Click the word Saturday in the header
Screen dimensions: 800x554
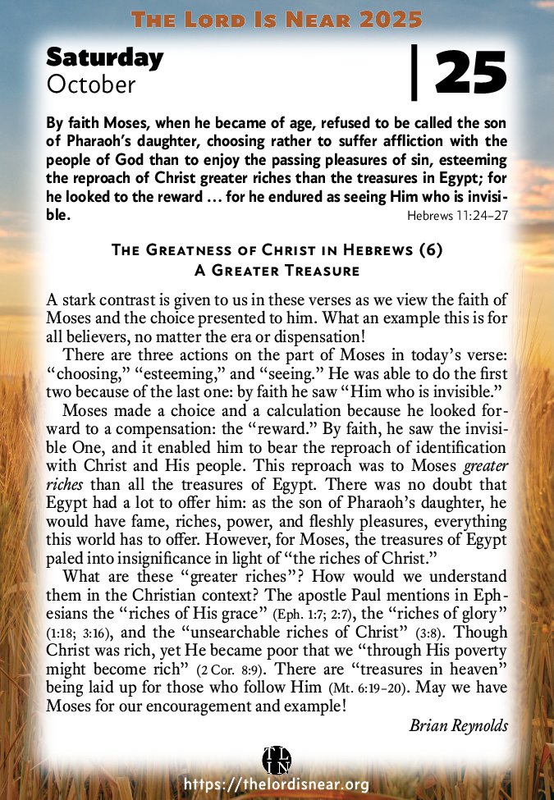[x=104, y=57]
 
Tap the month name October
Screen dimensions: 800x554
[x=91, y=83]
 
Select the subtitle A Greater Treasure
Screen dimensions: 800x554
[x=277, y=269]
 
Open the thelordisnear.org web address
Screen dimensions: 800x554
[x=277, y=785]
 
